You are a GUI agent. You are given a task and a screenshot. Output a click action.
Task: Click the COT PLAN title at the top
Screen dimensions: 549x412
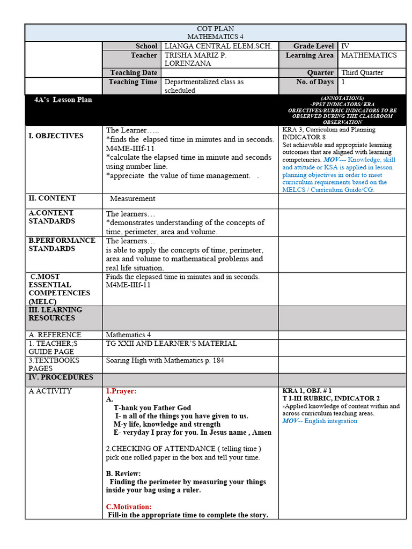[215, 28]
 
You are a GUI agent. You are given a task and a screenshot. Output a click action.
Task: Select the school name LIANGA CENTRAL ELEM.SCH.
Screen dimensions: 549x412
[218, 46]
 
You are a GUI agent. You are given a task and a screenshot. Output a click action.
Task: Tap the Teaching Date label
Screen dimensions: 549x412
[134, 72]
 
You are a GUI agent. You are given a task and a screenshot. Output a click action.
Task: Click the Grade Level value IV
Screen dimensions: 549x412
[345, 46]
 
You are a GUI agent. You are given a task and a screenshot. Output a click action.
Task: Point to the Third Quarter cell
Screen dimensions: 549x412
[362, 72]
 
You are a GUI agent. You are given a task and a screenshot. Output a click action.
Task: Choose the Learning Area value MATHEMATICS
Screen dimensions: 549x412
[369, 55]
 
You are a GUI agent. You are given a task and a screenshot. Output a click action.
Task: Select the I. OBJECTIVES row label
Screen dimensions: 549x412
[56, 136]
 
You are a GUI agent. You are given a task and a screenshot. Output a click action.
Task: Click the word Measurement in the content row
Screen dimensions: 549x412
[133, 198]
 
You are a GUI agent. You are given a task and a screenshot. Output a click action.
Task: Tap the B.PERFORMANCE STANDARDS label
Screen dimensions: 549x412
[62, 244]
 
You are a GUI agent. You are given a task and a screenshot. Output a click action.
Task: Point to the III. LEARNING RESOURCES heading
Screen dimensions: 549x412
[55, 314]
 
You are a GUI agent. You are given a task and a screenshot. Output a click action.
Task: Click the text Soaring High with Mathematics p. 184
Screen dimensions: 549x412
[165, 360]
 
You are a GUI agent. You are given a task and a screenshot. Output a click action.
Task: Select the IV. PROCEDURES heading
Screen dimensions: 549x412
[61, 377]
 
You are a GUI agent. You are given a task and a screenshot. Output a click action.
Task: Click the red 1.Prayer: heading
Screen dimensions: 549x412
[121, 391]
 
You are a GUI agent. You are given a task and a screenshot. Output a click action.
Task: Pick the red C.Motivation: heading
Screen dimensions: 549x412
[129, 506]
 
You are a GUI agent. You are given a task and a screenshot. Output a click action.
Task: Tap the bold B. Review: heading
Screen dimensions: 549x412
[123, 473]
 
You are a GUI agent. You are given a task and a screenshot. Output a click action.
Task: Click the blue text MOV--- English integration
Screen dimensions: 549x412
[320, 421]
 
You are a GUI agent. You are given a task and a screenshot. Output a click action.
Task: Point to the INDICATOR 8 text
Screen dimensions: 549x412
[304, 137]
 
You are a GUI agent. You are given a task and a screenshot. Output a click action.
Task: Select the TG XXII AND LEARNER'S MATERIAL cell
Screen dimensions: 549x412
[171, 343]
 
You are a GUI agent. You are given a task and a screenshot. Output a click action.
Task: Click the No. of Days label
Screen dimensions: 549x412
[314, 82]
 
